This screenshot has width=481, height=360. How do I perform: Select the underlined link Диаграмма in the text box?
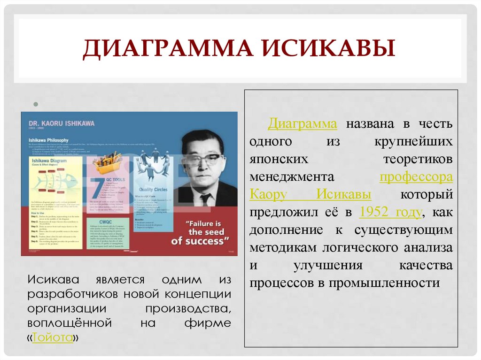point(303,124)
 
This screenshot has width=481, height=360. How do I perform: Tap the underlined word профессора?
point(416,177)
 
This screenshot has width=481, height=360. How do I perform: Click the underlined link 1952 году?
point(390,212)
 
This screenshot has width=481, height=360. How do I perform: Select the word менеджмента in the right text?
point(292,177)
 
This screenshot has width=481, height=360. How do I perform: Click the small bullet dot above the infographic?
point(34,104)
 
